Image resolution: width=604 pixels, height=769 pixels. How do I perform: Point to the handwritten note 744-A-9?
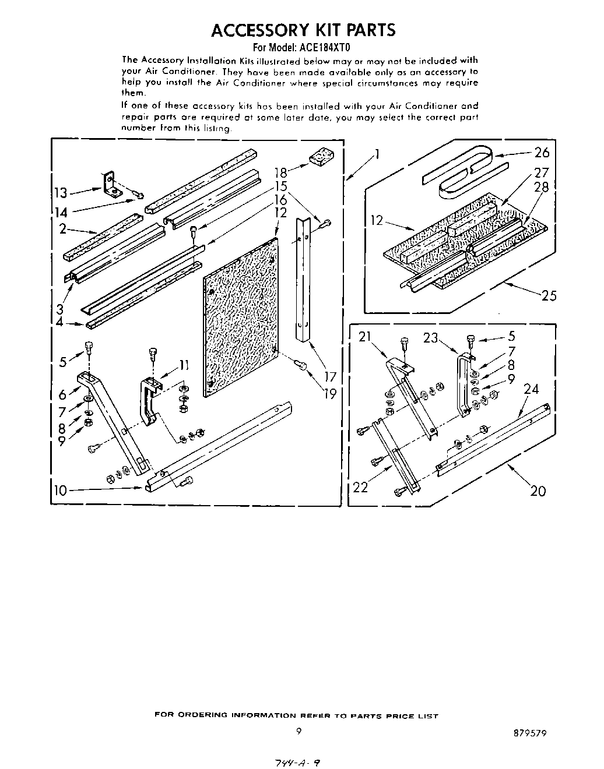click(x=297, y=761)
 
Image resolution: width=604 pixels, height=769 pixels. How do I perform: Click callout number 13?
click(x=60, y=193)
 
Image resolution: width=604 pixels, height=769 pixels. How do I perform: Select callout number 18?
click(x=282, y=172)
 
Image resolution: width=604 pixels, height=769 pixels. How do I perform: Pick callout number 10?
click(x=60, y=490)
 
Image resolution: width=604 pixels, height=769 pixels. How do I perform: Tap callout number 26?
click(x=542, y=153)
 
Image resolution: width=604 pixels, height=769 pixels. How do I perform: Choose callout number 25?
click(x=549, y=295)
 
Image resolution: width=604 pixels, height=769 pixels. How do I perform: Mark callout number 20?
click(x=538, y=491)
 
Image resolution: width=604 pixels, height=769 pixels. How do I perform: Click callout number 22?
click(x=361, y=486)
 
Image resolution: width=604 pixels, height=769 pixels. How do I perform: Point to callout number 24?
click(x=531, y=389)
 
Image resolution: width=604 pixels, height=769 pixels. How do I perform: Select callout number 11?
click(x=184, y=365)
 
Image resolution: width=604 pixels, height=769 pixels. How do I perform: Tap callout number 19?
click(x=330, y=394)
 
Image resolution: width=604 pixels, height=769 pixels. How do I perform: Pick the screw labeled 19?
click(x=301, y=365)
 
